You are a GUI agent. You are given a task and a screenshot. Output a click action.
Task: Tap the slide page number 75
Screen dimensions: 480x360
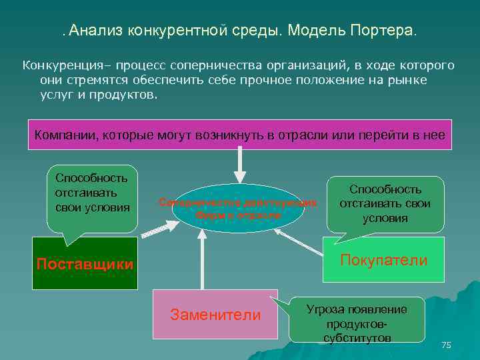(446, 345)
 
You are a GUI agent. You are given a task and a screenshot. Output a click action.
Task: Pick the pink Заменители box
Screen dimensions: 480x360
(215, 315)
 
